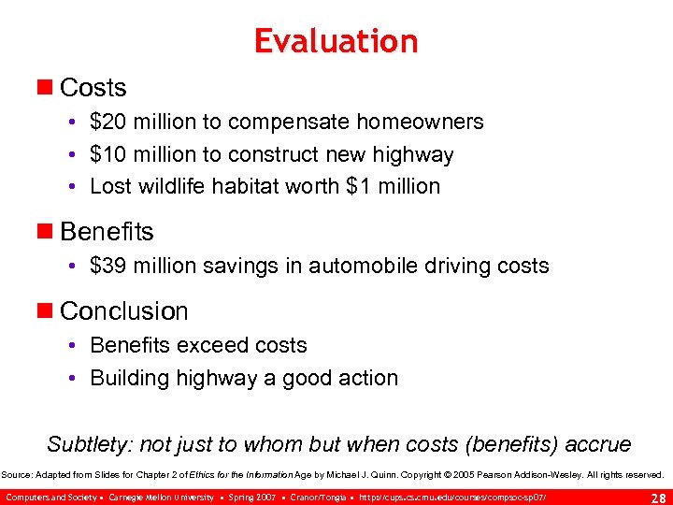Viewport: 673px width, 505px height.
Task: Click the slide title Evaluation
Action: (336, 41)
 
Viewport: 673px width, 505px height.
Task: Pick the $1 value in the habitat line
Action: (358, 186)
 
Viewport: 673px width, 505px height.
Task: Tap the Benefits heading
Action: (107, 231)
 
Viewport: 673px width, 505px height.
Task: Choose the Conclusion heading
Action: (123, 310)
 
